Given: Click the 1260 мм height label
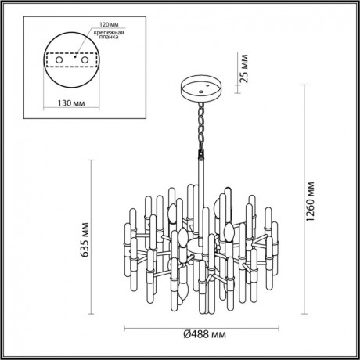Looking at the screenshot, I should [x=311, y=199].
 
